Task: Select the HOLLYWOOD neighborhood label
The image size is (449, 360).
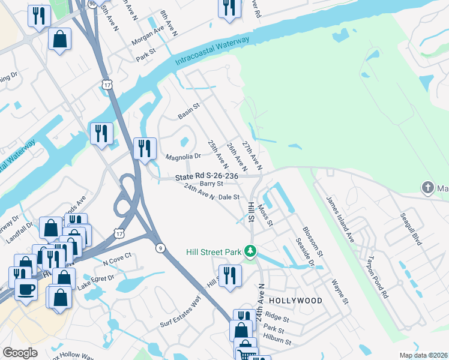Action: [x=295, y=300]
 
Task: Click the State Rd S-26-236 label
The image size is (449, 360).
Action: [x=207, y=176]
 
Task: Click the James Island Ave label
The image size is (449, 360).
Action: [x=340, y=219]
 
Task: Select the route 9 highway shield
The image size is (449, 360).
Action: [x=159, y=247]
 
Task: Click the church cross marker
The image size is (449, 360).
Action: [x=427, y=188]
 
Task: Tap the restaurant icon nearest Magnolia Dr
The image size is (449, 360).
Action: [x=145, y=148]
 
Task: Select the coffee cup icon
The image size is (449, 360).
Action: [x=26, y=289]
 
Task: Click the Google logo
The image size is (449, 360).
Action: [x=20, y=353]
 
